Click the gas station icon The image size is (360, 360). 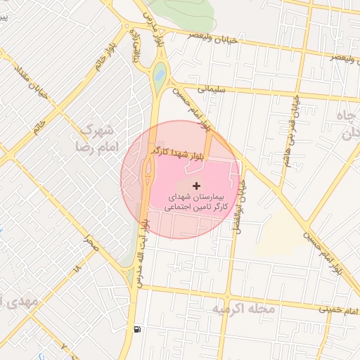tap(135, 328)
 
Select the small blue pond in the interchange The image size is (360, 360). tap(160, 72)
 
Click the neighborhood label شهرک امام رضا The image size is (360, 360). tap(96, 139)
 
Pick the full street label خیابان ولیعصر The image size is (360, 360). tap(210, 34)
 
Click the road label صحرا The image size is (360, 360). tap(90, 243)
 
